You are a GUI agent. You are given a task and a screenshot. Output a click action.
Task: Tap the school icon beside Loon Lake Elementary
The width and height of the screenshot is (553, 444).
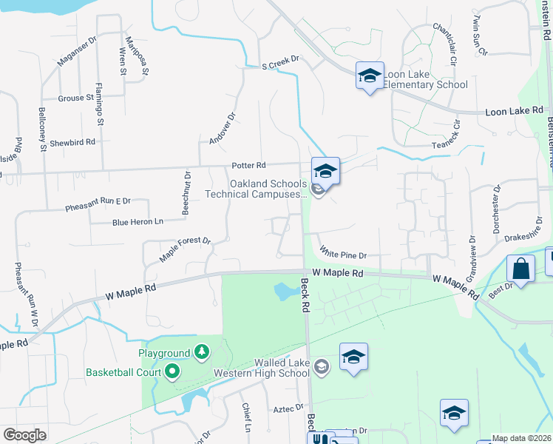click(370, 75)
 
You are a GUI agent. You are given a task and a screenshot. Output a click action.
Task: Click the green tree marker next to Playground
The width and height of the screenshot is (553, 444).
click(201, 351)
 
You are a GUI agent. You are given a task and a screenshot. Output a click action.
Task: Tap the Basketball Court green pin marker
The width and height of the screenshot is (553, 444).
click(172, 371)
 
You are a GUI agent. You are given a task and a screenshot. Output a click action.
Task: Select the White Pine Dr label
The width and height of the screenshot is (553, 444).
click(342, 255)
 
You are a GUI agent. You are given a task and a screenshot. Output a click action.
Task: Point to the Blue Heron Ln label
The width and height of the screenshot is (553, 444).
click(138, 221)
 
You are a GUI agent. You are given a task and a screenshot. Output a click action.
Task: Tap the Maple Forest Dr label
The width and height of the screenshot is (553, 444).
click(186, 251)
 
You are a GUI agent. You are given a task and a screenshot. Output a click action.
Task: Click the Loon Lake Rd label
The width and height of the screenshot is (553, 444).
click(514, 111)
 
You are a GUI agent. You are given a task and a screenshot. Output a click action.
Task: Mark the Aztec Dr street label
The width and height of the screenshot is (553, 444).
click(288, 407)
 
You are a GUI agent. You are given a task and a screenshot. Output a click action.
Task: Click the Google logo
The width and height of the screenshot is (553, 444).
click(24, 435)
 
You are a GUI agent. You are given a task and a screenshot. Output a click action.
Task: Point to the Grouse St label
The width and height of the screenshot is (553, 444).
click(75, 97)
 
